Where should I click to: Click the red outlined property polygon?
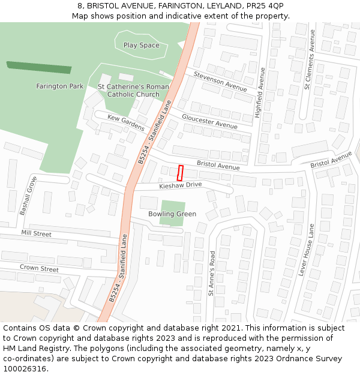(180, 173)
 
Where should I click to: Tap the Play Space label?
(142, 45)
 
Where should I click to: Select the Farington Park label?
(60, 86)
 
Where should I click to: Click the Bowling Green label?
(172, 214)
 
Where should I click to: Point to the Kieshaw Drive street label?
(180, 185)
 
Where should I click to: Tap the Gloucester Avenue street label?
(209, 121)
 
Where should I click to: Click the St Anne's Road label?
(211, 274)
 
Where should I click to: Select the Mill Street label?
(36, 233)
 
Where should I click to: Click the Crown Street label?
(39, 268)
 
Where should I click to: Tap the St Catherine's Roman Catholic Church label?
(133, 91)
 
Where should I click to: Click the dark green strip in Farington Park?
(38, 67)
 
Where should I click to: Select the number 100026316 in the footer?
(25, 369)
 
